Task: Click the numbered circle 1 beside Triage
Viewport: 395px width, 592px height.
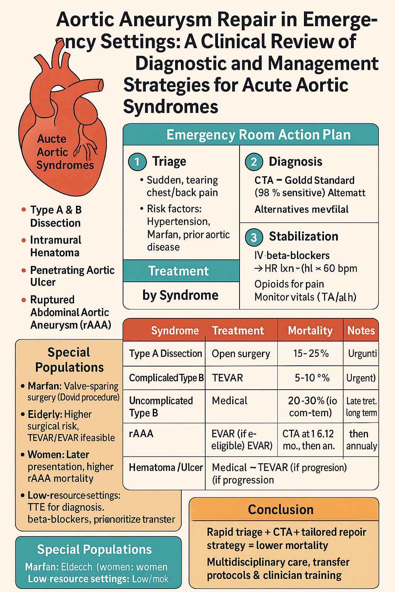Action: point(137,162)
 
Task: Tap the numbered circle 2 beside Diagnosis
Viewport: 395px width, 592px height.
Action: point(254,162)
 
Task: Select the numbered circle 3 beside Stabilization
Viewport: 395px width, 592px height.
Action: point(254,237)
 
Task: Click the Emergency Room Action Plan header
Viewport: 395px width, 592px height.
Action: point(258,135)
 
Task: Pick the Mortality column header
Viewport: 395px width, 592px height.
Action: point(310,331)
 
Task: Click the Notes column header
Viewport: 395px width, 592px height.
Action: point(361,331)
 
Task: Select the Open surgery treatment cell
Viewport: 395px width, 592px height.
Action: point(241,354)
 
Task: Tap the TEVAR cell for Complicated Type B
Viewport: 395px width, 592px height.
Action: point(228,378)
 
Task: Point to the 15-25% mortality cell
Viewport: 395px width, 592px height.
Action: point(311,353)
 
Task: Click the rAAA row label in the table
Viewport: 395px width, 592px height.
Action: point(141,434)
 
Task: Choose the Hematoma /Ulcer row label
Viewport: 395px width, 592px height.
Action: point(165,468)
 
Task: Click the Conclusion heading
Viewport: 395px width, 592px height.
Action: point(280,510)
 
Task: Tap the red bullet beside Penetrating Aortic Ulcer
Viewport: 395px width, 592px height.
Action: point(24,270)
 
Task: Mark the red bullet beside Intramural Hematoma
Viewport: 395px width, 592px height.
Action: point(24,240)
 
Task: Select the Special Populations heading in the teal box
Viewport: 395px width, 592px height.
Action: point(95,549)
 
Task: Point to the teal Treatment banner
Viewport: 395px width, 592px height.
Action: point(178,271)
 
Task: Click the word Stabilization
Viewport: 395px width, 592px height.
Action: point(304,236)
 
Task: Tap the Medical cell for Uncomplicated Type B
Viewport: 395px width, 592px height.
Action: point(230,401)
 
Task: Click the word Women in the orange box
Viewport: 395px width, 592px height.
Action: point(42,454)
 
